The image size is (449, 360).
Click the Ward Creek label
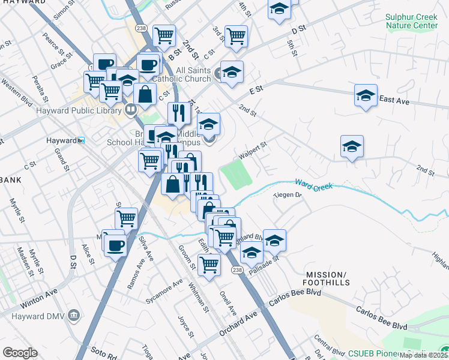coord(313,186)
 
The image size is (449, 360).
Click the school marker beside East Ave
coord(366,96)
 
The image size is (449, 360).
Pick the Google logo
coord(20,352)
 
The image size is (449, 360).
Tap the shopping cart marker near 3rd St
coord(236,36)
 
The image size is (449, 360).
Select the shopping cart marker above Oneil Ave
coord(209,263)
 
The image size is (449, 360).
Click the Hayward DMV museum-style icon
coord(73,315)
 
